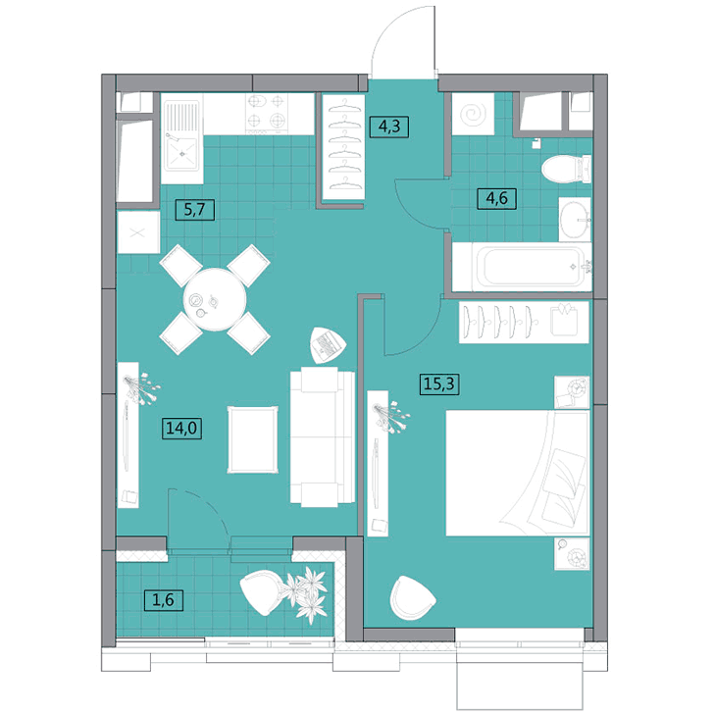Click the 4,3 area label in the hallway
(388, 127)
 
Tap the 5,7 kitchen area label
(195, 210)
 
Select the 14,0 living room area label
(182, 429)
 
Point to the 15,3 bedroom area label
(439, 383)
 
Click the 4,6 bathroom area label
(497, 198)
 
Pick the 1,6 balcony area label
(164, 599)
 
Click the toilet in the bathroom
(566, 170)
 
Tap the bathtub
(522, 267)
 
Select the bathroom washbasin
(575, 220)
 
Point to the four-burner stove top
(267, 114)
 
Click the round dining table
(215, 299)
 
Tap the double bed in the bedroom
(518, 473)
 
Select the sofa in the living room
(323, 436)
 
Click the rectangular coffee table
(253, 439)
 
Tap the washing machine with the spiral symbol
(473, 114)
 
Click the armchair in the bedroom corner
(412, 598)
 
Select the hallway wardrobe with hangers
(344, 147)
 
